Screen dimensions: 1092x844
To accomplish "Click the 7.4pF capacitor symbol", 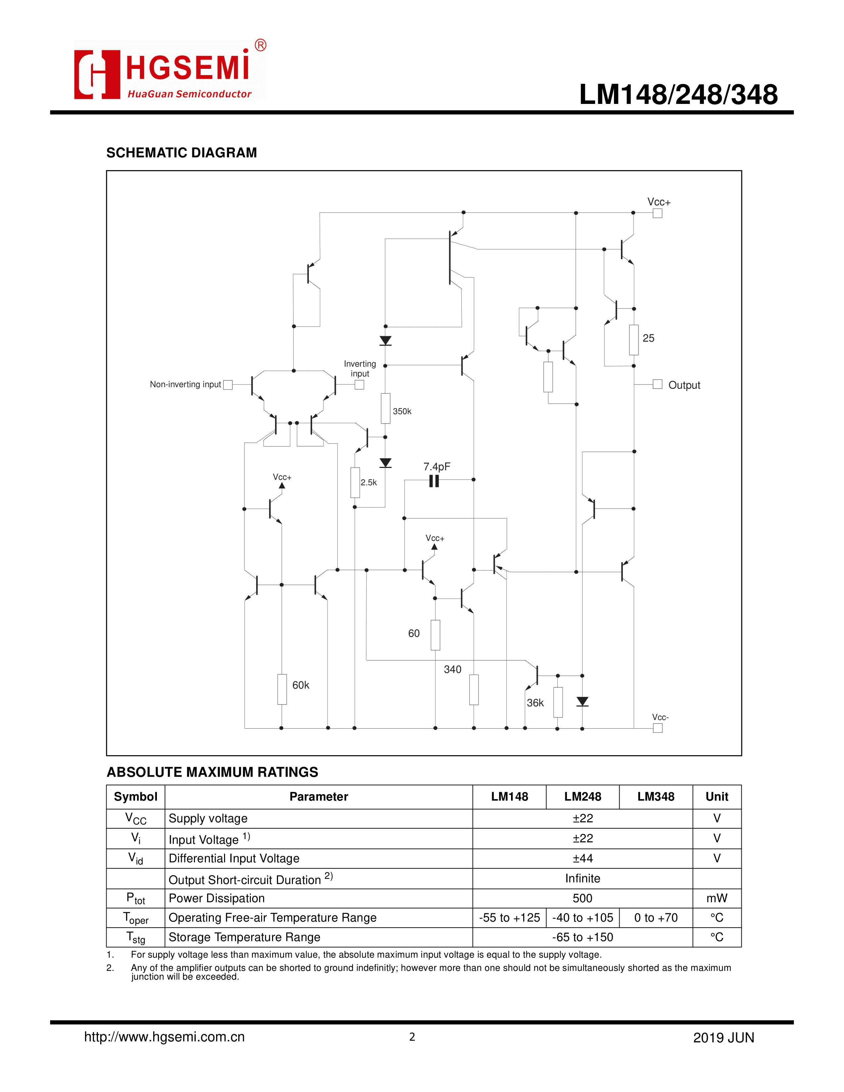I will click(x=434, y=481).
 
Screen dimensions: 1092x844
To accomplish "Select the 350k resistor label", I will click(x=402, y=411).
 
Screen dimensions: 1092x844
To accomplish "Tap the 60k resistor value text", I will click(x=301, y=685).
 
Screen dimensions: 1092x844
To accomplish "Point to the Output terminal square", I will click(x=658, y=384).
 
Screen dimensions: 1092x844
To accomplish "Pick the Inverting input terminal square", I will click(x=359, y=385).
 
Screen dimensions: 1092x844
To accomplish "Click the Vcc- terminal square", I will click(x=658, y=728).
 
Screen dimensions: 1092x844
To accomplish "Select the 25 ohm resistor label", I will click(x=648, y=338).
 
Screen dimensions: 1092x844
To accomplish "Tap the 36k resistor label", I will click(x=535, y=703).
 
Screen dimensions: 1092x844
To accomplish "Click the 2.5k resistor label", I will click(x=368, y=482).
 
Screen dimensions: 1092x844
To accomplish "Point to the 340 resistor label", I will click(x=452, y=669).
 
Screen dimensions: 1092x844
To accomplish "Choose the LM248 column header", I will click(x=583, y=796).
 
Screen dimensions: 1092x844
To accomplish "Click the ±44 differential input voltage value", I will click(x=583, y=858).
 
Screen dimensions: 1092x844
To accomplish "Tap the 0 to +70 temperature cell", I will click(x=655, y=918).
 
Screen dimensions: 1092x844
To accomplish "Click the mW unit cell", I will click(x=717, y=898).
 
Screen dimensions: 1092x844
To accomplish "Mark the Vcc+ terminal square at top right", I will click(x=658, y=213).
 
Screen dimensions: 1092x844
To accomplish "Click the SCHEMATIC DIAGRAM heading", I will click(x=181, y=153).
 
